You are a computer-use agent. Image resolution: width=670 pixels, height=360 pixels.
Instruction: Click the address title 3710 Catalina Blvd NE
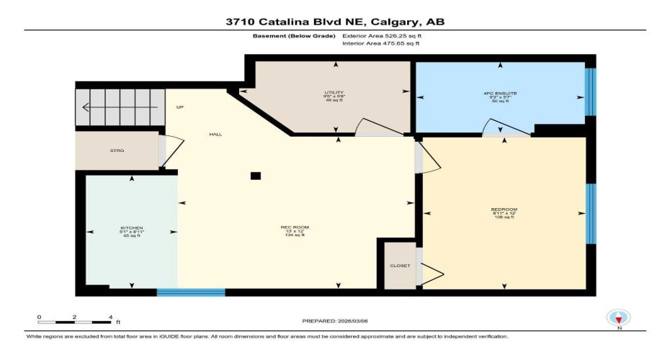coord(334,22)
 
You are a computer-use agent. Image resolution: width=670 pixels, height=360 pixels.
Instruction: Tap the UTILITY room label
coord(334,93)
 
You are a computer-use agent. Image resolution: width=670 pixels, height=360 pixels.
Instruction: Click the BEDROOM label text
coord(504,210)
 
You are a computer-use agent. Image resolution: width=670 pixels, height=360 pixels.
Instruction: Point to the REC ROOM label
coord(295,228)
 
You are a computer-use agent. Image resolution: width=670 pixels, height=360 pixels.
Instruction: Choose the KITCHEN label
coord(131,228)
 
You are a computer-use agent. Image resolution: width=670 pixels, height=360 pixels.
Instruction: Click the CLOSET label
coord(400,266)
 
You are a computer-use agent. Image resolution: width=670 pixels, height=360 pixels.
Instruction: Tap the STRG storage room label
coord(117,151)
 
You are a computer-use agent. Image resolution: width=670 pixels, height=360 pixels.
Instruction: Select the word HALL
coord(215,135)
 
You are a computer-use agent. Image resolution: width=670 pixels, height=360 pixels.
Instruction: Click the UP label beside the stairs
coord(180,107)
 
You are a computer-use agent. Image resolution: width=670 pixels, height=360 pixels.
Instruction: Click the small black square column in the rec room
coord(255,176)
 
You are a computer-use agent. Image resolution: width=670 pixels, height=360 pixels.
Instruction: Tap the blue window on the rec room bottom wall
coord(191,292)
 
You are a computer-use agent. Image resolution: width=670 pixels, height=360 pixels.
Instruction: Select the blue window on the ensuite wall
coord(590,92)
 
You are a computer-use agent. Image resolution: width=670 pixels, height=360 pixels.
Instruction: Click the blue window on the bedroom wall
coord(590,213)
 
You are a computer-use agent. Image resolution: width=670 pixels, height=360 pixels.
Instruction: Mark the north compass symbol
coord(618,318)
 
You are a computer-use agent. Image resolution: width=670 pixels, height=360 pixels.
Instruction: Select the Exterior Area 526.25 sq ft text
coord(382,35)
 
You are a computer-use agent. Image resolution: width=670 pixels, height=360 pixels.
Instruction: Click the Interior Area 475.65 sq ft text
coord(380,44)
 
